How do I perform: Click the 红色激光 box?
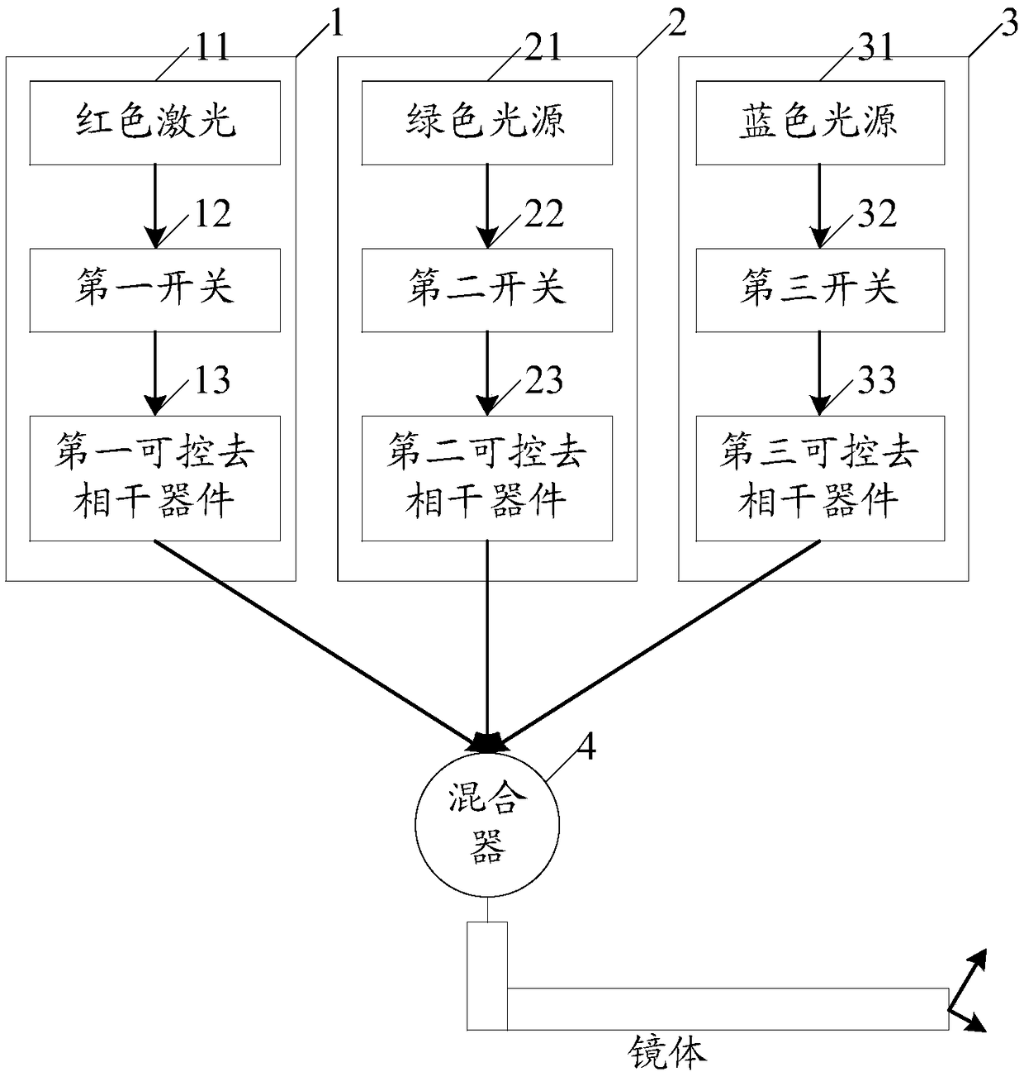point(154,123)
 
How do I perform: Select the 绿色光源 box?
point(486,123)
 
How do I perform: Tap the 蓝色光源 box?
point(820,123)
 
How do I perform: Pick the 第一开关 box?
point(154,290)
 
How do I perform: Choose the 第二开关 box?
point(486,290)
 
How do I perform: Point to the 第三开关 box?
point(820,290)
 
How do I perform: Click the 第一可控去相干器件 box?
point(154,479)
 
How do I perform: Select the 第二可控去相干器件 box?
point(486,479)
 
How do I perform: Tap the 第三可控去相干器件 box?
point(820,479)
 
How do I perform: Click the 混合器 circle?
point(487,825)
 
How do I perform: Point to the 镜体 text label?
point(666,1052)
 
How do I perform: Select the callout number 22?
point(544,214)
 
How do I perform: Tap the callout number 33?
point(876,380)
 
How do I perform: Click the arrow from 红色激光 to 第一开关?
point(154,207)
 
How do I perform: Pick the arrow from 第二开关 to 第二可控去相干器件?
point(486,374)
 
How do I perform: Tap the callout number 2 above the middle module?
point(676,23)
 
